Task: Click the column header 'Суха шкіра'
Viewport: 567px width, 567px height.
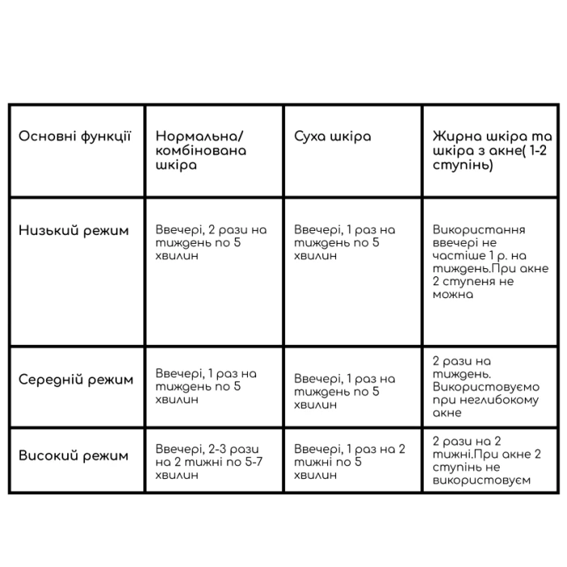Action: click(332, 136)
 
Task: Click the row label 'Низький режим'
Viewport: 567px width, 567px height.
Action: click(74, 230)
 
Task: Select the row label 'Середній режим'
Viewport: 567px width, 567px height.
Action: click(76, 379)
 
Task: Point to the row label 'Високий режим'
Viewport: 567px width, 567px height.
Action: click(74, 455)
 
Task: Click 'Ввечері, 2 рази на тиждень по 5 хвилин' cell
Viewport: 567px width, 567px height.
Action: click(211, 243)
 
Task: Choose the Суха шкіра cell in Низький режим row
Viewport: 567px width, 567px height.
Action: click(344, 243)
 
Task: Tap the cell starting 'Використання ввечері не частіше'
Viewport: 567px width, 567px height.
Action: click(491, 262)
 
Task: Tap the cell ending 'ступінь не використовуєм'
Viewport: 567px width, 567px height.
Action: click(487, 461)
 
